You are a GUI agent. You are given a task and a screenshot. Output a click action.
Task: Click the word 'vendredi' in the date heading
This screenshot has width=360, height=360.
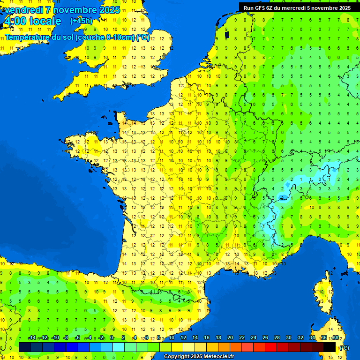tap(23, 10)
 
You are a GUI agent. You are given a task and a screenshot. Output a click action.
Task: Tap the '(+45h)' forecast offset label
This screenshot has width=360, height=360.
tap(81, 21)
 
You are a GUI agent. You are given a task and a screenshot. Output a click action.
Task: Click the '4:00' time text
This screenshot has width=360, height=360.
tap(15, 21)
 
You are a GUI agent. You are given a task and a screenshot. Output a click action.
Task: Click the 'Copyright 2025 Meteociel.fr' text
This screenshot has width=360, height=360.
tap(199, 357)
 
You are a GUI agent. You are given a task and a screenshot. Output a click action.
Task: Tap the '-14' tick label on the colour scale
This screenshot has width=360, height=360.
tap(32, 337)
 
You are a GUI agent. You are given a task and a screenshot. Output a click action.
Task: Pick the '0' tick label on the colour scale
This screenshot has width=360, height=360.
tap(112, 337)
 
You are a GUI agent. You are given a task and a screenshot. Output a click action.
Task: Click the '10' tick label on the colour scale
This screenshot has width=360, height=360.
tap(171, 337)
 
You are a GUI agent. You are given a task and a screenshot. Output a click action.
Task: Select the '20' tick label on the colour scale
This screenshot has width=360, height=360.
tap(230, 337)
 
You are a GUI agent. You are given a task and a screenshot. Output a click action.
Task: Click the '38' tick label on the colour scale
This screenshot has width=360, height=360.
tap(335, 337)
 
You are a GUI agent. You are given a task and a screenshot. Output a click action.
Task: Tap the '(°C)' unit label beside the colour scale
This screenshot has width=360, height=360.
tap(344, 348)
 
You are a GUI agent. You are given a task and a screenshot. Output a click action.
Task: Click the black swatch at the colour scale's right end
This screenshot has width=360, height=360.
tap(330, 347)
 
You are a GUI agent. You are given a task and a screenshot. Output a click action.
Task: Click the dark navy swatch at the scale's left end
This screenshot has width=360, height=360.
tap(25, 347)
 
